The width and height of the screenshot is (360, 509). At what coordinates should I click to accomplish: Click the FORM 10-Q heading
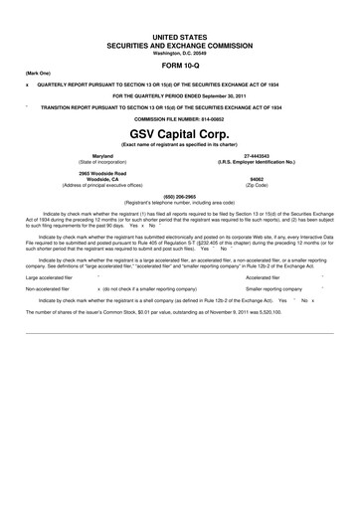[x=180, y=65]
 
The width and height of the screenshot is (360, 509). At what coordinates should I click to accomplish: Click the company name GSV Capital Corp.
[x=180, y=132]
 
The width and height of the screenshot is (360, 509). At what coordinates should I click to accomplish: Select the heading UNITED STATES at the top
[x=180, y=36]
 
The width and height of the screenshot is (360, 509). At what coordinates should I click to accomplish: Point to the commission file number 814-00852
[x=180, y=118]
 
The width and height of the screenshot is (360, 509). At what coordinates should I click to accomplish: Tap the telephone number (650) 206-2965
[x=180, y=197]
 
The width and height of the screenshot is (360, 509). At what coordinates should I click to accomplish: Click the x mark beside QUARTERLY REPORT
[x=27, y=85]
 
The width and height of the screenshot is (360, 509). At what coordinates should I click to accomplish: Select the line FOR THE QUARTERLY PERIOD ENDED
[x=180, y=95]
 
